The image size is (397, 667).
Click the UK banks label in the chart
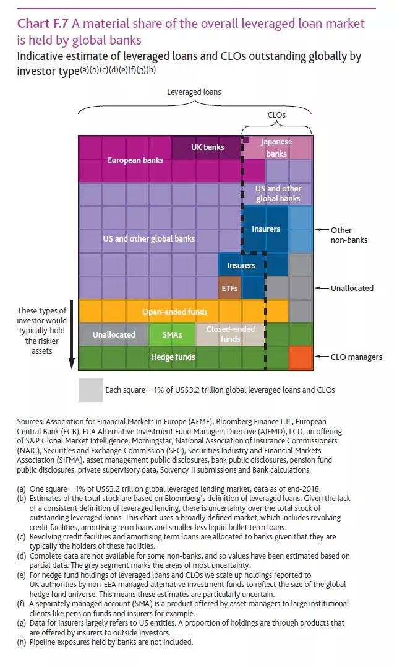[x=207, y=147]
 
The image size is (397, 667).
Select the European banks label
[x=135, y=160]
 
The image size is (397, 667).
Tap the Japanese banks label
[x=276, y=147]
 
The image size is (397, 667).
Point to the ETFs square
[x=229, y=288]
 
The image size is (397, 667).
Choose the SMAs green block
[x=172, y=334]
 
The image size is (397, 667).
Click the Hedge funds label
[x=173, y=357]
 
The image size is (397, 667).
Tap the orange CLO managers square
[x=301, y=358]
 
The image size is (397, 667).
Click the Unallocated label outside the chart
[x=352, y=288]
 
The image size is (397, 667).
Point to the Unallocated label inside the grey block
[x=114, y=334]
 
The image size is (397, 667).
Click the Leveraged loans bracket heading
[x=194, y=92]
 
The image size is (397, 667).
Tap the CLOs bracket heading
[x=276, y=115]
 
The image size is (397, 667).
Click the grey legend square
[x=90, y=390]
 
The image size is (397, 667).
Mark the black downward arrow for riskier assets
[x=72, y=334]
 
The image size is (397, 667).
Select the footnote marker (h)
[x=22, y=642]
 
